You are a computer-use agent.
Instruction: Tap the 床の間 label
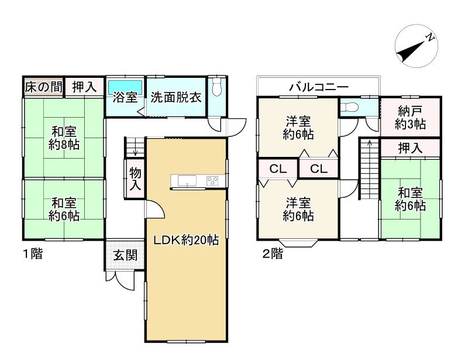[43, 87]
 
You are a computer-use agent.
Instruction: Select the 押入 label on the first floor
[84, 87]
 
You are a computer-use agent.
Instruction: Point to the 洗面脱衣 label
[176, 97]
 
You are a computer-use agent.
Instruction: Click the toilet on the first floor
[218, 88]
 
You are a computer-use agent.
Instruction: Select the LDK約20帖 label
[186, 240]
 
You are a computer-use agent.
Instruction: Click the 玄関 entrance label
[125, 255]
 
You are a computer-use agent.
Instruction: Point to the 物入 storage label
[135, 179]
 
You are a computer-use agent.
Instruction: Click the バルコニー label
[319, 87]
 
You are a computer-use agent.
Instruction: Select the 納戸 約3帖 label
[409, 118]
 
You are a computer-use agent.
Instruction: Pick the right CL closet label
[318, 169]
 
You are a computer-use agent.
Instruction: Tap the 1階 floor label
[32, 254]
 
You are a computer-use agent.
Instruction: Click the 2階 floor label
[272, 254]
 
